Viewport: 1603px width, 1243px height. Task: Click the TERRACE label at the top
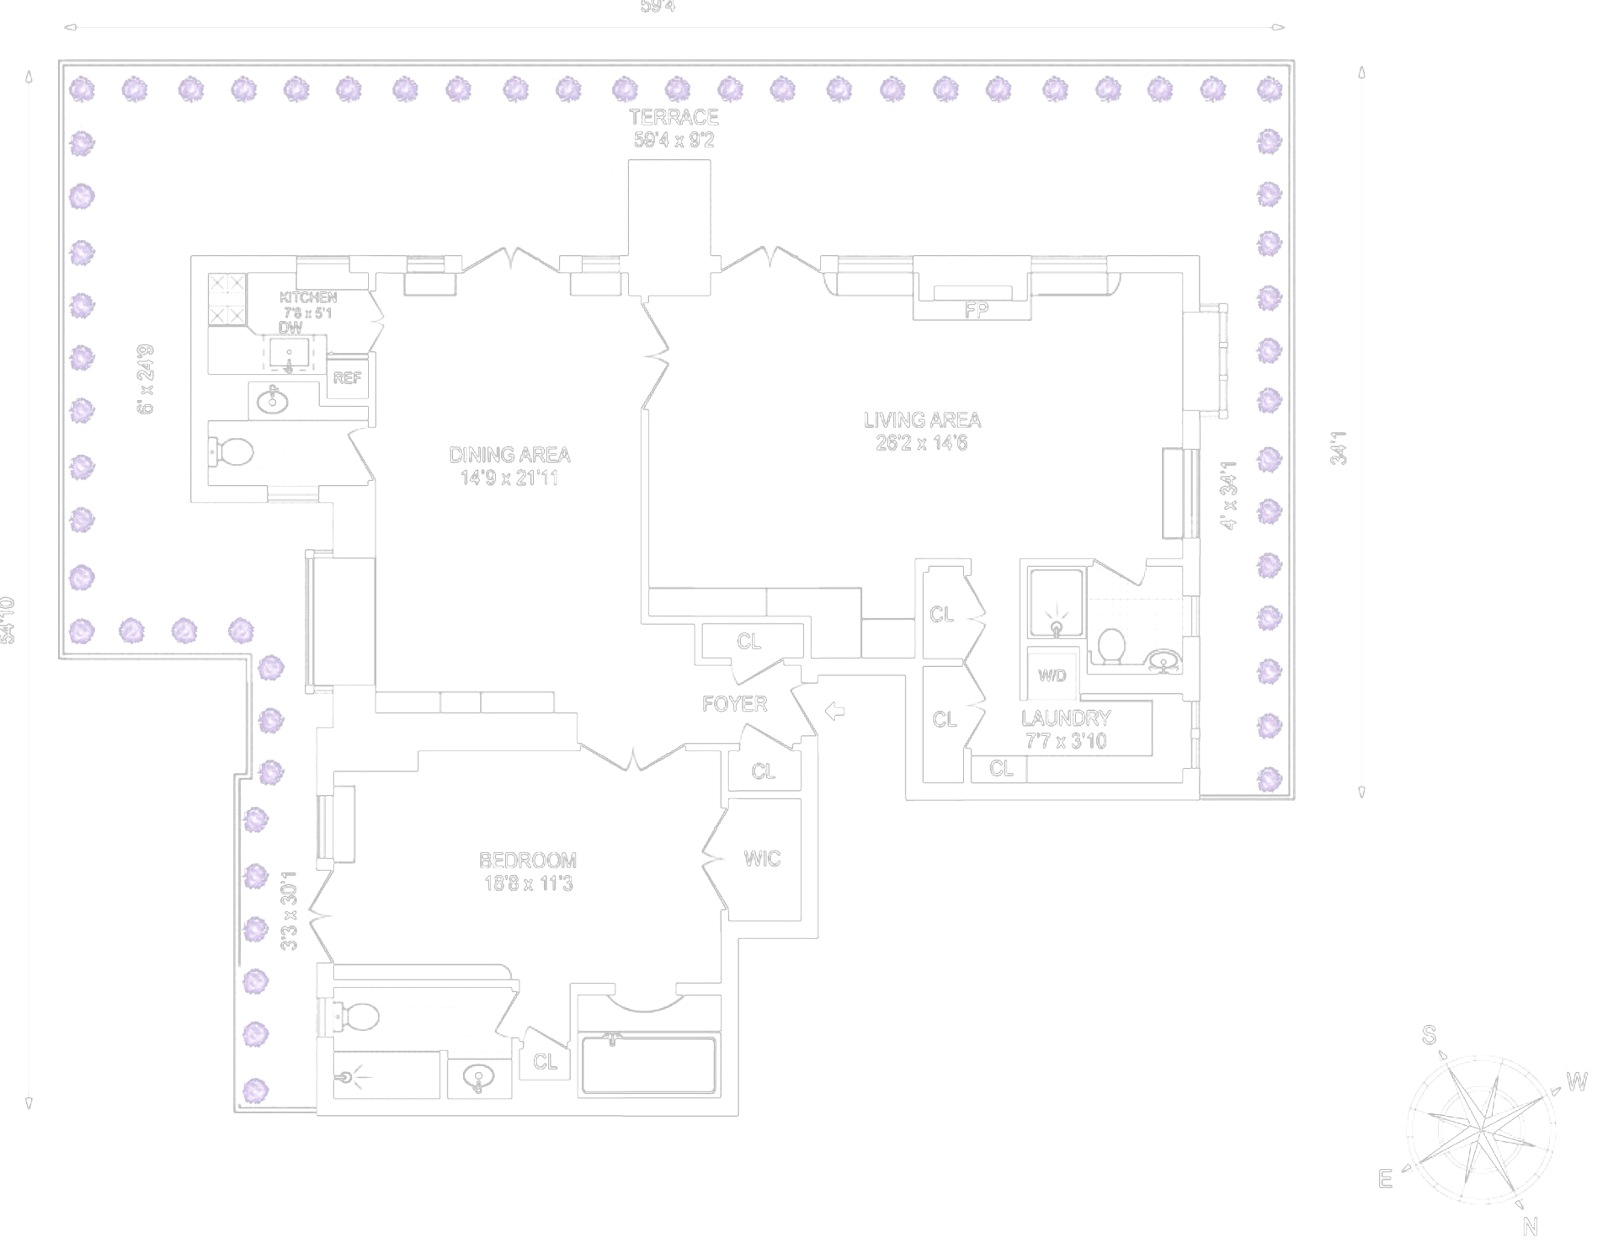pos(674,118)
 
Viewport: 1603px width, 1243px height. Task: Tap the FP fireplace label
pos(976,311)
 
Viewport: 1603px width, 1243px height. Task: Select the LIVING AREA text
pos(922,420)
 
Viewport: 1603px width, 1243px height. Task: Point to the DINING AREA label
pos(509,456)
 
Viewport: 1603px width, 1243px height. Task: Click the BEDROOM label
pos(528,861)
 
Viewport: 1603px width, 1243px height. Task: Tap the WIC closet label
pos(762,859)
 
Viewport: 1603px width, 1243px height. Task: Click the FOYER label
pos(734,704)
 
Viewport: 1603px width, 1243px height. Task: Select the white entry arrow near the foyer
pos(834,712)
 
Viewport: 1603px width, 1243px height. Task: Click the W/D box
pos(1052,675)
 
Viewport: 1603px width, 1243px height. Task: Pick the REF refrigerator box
pos(347,378)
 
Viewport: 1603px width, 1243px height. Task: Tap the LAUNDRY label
pos(1066,718)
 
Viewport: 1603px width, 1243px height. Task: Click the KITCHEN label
pos(308,297)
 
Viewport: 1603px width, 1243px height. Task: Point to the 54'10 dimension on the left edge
pos(8,620)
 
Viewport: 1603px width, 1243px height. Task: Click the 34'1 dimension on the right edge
pos(1339,448)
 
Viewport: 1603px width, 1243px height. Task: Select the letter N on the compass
pos(1530,1226)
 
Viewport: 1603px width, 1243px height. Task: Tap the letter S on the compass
pos(1429,1035)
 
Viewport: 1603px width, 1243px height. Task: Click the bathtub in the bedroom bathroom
pos(648,1065)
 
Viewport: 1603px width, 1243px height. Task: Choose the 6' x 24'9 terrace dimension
pos(146,379)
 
